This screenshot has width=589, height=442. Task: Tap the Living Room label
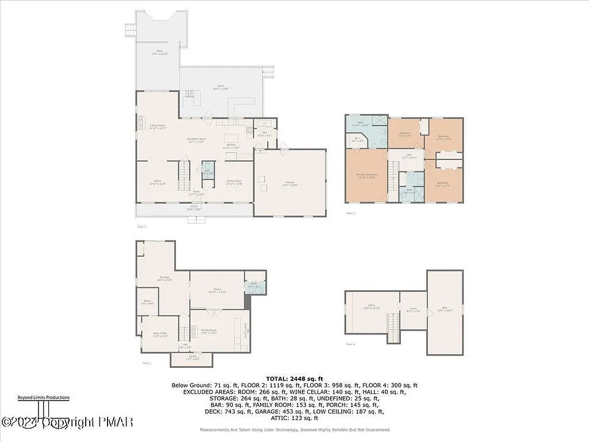coord(158,127)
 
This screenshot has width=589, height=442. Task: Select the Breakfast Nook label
coord(196,140)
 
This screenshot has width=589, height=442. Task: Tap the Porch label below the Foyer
coord(194,208)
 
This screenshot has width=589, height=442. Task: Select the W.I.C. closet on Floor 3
coord(357,139)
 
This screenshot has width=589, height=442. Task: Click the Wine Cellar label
coord(160,334)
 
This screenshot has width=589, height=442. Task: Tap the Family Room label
coord(208,331)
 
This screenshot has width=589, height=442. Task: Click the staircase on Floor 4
coord(393,328)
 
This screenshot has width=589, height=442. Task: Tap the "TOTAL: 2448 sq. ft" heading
coord(294,378)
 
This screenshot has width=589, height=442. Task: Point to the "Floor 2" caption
coord(141,227)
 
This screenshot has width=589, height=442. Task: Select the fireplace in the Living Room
coord(139,122)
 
